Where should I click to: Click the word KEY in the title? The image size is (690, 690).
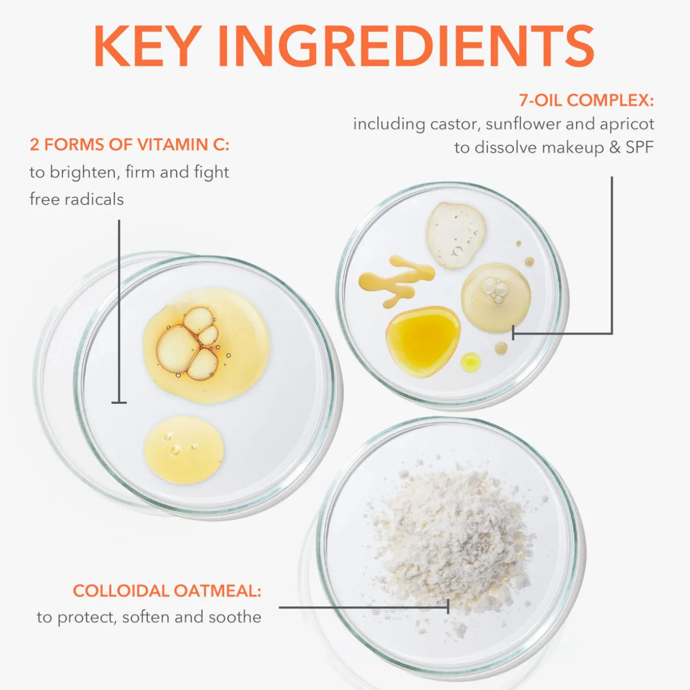click(147, 46)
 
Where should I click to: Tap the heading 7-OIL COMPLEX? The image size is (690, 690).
click(586, 100)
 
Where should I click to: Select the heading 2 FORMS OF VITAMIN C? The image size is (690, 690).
click(129, 145)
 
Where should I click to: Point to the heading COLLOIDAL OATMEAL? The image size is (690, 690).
click(167, 591)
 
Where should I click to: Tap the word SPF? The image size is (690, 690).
click(640, 147)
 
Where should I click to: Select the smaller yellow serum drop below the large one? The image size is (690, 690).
click(184, 450)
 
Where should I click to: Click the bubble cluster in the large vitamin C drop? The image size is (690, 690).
click(188, 343)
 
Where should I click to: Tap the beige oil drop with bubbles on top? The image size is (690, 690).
click(496, 297)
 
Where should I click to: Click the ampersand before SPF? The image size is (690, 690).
click(615, 147)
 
